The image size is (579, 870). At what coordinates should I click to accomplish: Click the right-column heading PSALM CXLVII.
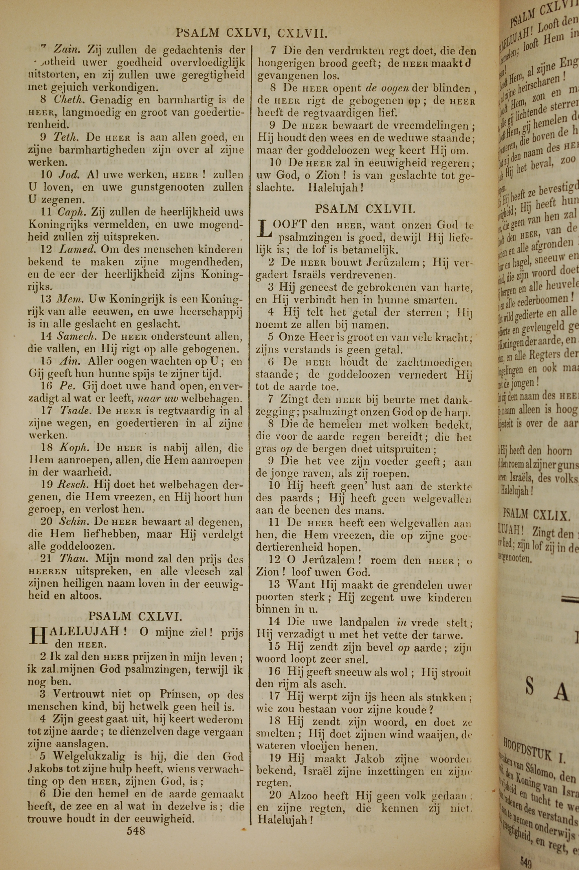pos(365,209)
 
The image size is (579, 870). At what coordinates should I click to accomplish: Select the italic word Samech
pos(77,336)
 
